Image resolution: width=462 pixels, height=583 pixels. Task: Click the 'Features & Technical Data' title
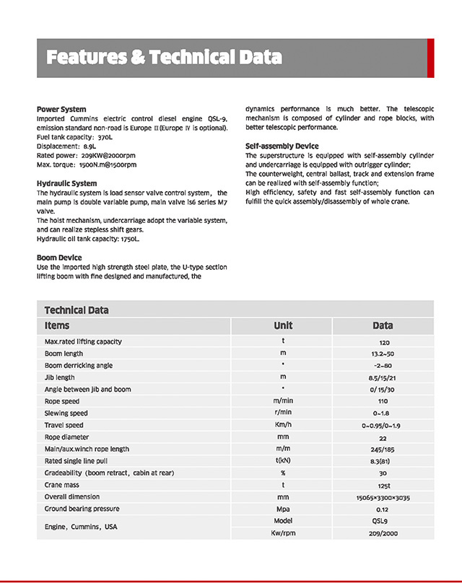tap(163, 58)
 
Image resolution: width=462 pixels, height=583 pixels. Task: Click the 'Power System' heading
tap(61, 109)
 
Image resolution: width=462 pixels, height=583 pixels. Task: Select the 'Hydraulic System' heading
tap(66, 183)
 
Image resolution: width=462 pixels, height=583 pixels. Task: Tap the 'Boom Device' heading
tap(59, 258)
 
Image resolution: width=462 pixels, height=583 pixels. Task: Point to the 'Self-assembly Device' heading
tap(282, 146)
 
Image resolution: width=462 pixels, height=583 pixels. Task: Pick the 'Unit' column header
tap(283, 326)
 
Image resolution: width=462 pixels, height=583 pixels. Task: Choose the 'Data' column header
tap(383, 326)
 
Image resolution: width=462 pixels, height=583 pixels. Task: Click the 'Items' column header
tap(57, 326)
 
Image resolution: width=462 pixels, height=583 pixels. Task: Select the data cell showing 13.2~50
tap(383, 354)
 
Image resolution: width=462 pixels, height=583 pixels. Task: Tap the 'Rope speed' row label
tap(62, 401)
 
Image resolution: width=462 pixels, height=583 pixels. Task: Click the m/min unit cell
tap(283, 401)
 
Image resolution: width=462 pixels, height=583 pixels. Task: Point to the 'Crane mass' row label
tap(63, 485)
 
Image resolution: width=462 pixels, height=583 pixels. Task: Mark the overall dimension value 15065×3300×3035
tap(383, 497)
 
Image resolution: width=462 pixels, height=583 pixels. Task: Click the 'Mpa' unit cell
tap(283, 509)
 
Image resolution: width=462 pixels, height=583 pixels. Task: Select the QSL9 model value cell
tap(383, 521)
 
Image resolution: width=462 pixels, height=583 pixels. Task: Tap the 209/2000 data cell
tap(383, 533)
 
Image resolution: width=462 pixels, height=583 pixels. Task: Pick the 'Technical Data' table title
tap(77, 310)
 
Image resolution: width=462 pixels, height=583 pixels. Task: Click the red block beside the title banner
tap(430, 58)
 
